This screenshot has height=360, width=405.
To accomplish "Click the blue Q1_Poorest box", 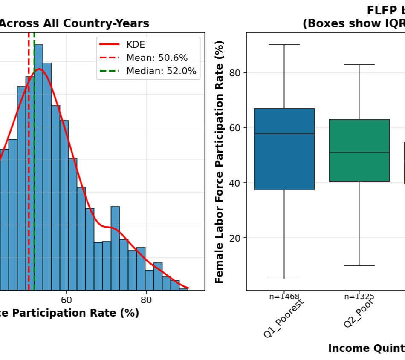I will (x=284, y=149).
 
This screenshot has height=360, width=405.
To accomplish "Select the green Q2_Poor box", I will (x=359, y=150).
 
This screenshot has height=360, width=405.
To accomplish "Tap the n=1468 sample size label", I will (x=284, y=297).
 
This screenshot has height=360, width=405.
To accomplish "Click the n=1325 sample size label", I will (x=359, y=297).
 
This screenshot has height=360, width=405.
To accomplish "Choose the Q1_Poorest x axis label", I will (x=283, y=319).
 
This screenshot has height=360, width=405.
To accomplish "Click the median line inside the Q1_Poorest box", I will (x=284, y=134).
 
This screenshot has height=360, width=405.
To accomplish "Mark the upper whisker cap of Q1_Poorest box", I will (x=284, y=44).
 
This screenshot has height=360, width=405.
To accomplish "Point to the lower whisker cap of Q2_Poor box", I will (x=359, y=265).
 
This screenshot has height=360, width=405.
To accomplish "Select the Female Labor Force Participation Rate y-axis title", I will (x=219, y=162).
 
